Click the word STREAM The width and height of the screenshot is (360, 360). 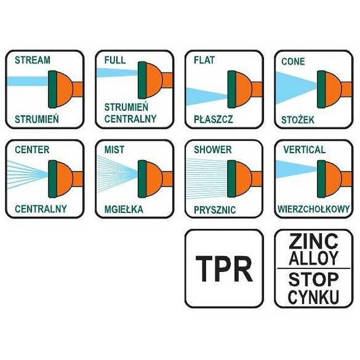click(32, 60)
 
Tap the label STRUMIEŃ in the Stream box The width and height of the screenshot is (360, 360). click(37, 119)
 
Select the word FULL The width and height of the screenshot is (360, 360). click(115, 60)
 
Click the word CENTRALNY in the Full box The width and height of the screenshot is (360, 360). click(130, 119)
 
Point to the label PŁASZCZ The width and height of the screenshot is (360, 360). click(213, 119)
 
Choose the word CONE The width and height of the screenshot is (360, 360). click(293, 61)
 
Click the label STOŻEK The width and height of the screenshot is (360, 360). click(298, 120)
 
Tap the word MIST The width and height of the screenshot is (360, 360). click(114, 150)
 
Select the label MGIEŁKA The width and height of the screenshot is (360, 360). click(124, 209)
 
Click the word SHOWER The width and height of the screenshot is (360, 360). click(213, 150)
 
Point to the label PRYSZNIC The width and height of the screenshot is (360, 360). click(215, 210)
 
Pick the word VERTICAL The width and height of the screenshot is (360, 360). click(305, 150)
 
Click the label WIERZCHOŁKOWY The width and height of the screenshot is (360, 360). click(314, 209)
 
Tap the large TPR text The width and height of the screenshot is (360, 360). click(224, 269)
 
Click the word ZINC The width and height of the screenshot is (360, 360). click(314, 240)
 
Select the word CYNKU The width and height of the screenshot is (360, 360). click(314, 297)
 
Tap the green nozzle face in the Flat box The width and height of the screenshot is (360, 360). click(231, 89)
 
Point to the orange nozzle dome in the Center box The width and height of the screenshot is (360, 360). click(65, 179)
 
